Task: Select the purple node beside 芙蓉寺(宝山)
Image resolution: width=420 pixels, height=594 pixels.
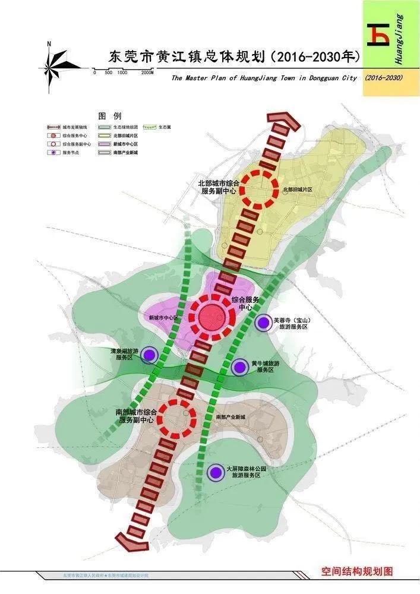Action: pyautogui.click(x=263, y=323)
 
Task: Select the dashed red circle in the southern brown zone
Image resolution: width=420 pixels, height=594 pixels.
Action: pyautogui.click(x=179, y=418)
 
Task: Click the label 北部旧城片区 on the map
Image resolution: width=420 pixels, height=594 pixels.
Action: pyautogui.click(x=298, y=190)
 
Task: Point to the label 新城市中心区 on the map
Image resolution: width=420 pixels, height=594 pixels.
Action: pyautogui.click(x=163, y=318)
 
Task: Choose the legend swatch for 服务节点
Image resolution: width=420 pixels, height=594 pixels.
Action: pyautogui.click(x=53, y=152)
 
